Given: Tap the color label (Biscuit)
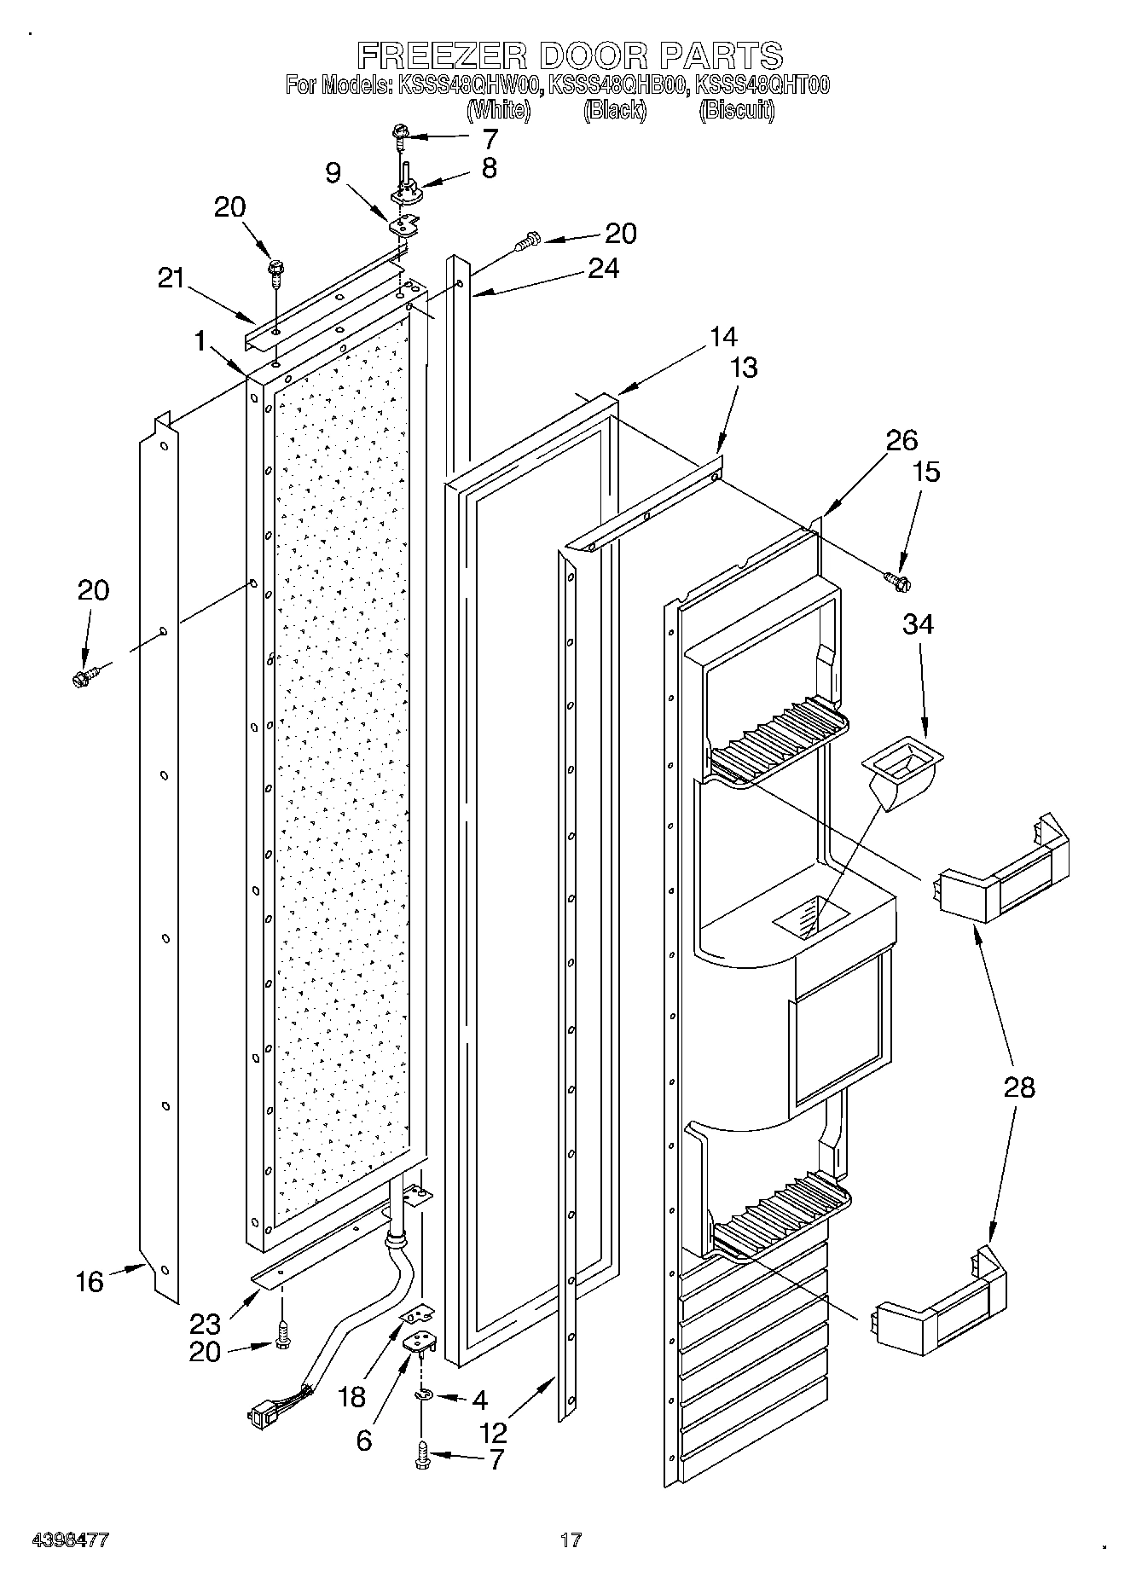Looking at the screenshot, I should tap(736, 110).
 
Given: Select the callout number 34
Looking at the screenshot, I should tap(918, 624).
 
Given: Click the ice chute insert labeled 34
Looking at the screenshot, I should tap(902, 776).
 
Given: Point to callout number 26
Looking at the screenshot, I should tap(901, 440).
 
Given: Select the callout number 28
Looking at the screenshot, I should tap(1019, 1087).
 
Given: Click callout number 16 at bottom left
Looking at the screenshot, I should tap(90, 1282).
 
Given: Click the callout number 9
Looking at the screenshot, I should tap(333, 172).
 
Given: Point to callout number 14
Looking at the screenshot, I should tap(722, 337).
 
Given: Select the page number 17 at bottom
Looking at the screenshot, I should tap(571, 1540).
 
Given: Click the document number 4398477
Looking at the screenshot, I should tap(70, 1540).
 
